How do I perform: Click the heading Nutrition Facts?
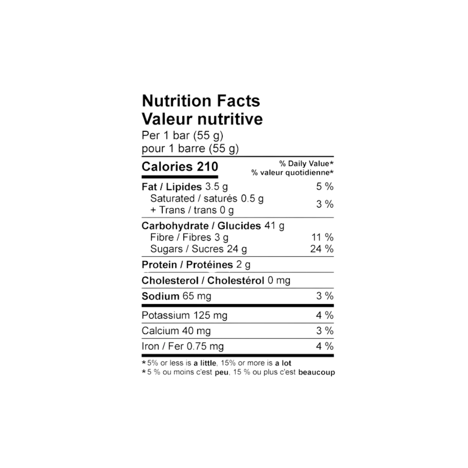[x=201, y=101]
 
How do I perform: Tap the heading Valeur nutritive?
[x=202, y=119]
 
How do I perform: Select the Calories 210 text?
[x=180, y=166]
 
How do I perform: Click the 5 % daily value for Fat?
[x=325, y=186]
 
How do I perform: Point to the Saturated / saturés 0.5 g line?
[x=207, y=198]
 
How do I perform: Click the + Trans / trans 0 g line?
[x=192, y=210]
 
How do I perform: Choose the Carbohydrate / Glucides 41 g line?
[x=213, y=226]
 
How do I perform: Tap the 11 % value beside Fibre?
[x=322, y=237]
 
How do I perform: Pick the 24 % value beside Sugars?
[x=322, y=249]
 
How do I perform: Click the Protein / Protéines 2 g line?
[x=196, y=265]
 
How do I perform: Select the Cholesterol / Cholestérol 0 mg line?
[x=216, y=280]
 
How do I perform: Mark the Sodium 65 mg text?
[x=176, y=296]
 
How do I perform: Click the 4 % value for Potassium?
[x=325, y=315]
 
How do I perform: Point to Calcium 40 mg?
[x=176, y=331]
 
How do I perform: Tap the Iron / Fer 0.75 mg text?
[x=183, y=346]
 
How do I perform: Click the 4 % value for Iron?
[x=325, y=346]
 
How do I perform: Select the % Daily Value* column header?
[x=306, y=163]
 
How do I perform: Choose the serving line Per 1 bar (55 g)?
[x=182, y=136]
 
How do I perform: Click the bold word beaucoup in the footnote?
[x=316, y=373]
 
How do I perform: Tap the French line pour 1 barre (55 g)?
[x=190, y=149]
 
